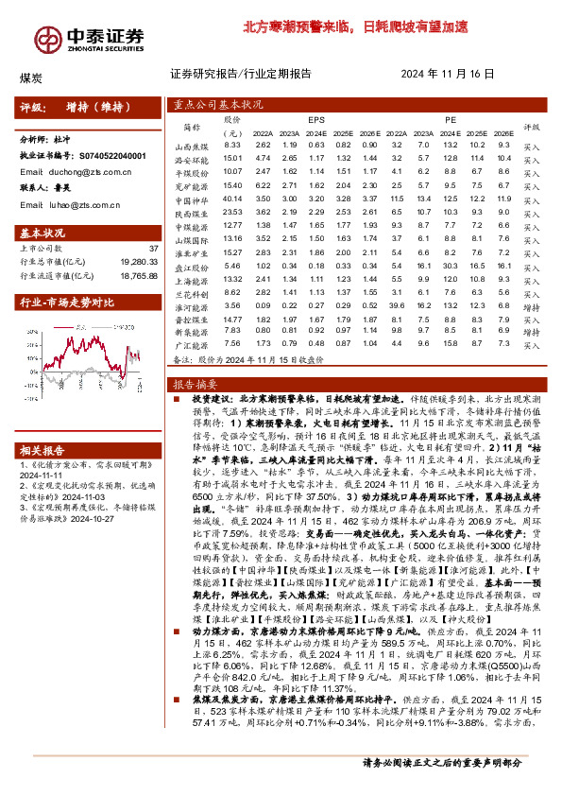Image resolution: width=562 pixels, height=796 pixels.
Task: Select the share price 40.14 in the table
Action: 232,199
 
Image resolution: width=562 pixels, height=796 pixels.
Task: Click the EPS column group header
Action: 315,120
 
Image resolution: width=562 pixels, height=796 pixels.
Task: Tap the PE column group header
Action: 450,120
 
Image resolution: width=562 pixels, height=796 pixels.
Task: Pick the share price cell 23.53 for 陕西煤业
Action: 232,213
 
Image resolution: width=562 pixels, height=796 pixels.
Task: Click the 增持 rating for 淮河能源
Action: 531,307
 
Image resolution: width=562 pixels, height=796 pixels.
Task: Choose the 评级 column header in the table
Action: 531,126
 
